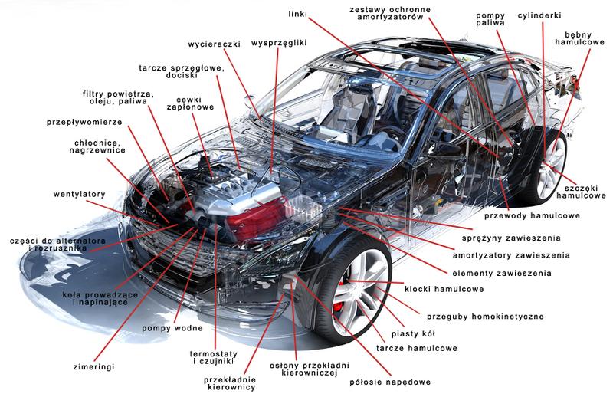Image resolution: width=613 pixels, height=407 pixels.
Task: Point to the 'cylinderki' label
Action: (540, 15)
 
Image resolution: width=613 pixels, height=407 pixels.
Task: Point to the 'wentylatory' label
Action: (79, 194)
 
